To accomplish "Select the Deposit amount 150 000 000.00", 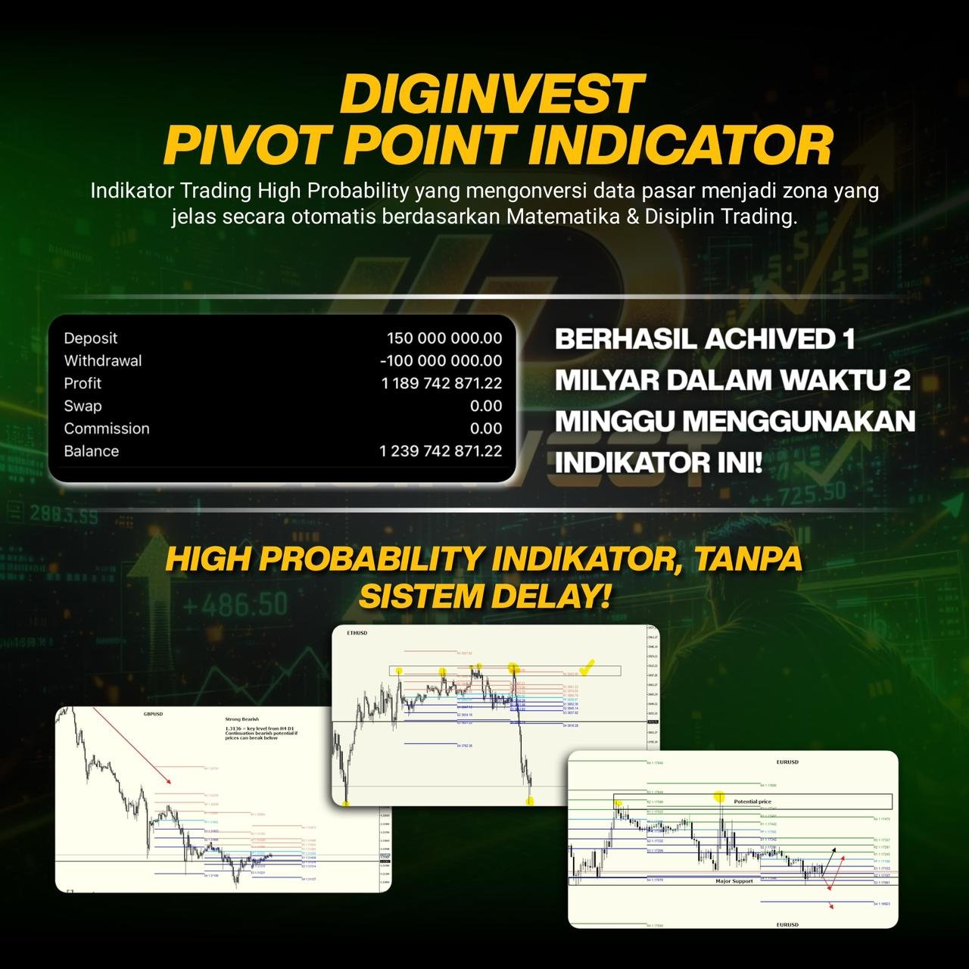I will tap(444, 338).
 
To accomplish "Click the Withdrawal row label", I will tap(102, 361).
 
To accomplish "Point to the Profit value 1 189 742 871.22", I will tap(441, 384).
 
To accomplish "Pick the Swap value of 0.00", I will tap(485, 407).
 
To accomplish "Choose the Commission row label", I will tap(107, 428).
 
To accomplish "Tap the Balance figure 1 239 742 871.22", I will tap(440, 451).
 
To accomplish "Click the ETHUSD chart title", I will tap(357, 633).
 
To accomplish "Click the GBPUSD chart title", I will tap(153, 714).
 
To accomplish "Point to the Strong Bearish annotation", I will tap(242, 720).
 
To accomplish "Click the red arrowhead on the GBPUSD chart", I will tap(168, 780).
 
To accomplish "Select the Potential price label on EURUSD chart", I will tap(752, 801).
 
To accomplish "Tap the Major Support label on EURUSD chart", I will tap(734, 881).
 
